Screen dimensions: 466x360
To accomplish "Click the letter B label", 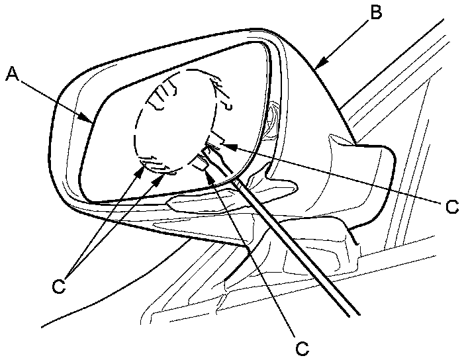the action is click(375, 12).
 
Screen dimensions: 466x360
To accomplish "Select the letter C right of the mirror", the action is click(452, 206).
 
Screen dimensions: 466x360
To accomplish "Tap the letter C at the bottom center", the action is click(302, 347).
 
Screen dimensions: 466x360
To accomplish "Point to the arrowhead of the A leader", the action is click(92, 121).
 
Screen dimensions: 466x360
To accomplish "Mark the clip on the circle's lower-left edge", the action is click(151, 163).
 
